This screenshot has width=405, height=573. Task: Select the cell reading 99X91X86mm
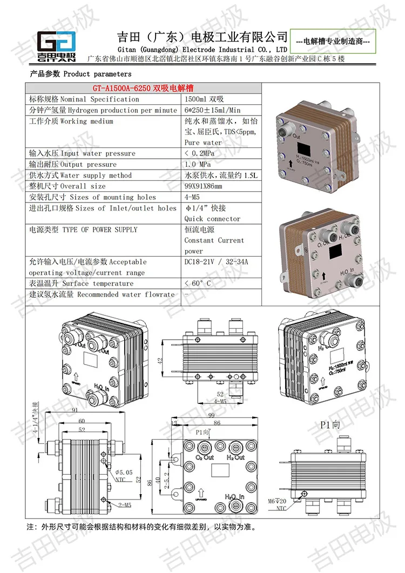[x=203, y=186]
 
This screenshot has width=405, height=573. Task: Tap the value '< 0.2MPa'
[x=201, y=153]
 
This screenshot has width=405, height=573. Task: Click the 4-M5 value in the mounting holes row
[x=193, y=197]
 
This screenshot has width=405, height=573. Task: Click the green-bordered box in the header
[x=333, y=41]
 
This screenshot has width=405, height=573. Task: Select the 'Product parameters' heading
[x=79, y=74]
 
